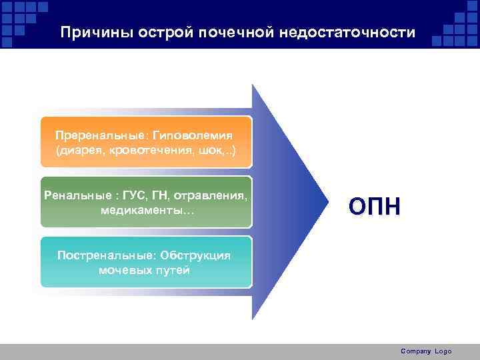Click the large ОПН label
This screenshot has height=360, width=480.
[375, 207]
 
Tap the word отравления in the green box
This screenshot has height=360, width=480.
[214, 196]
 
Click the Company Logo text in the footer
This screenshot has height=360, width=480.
[426, 351]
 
